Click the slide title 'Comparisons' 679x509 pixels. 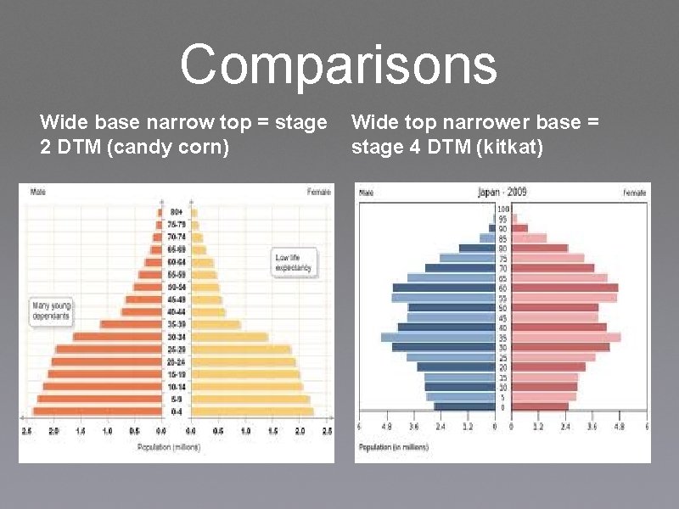pos(338,65)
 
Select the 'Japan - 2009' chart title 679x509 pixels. pos(502,192)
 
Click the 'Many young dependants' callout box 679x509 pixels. pos(51,310)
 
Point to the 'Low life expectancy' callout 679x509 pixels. pos(293,262)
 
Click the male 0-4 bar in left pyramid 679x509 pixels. pos(98,411)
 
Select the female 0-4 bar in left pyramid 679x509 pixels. pos(251,411)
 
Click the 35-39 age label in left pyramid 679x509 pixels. pos(177,324)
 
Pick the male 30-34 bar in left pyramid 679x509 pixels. pos(118,337)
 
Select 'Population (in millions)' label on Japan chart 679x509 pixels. pos(391,445)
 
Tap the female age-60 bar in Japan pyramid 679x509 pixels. pos(564,288)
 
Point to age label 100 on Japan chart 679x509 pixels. pos(502,209)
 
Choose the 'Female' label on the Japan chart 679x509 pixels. pos(635,193)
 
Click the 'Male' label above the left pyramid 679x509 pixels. pos(38,192)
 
